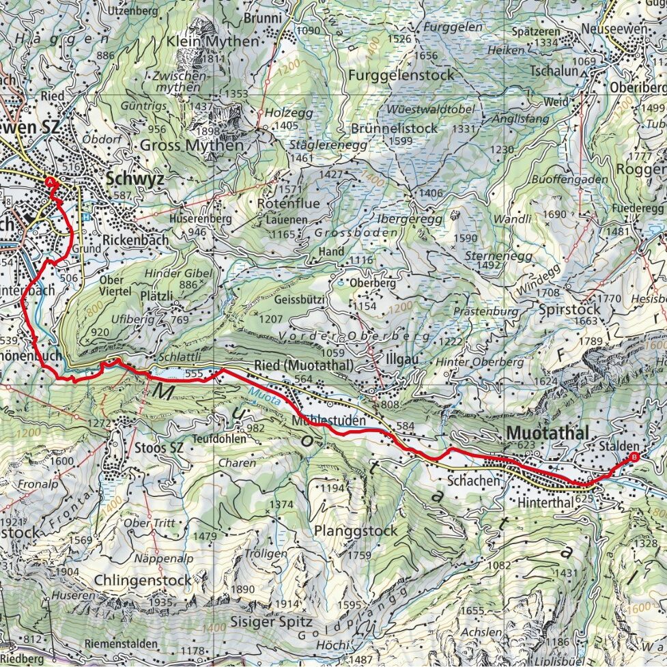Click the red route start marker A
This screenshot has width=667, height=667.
(x=50, y=182)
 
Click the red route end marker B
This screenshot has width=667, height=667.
(x=634, y=457)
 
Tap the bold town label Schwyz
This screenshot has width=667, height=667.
(x=134, y=179)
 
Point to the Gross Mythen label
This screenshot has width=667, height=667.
(x=191, y=145)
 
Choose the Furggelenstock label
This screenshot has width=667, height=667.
(x=400, y=74)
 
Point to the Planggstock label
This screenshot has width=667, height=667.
(x=356, y=530)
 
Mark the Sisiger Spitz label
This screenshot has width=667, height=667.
(x=271, y=622)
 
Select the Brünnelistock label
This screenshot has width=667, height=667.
(x=394, y=128)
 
